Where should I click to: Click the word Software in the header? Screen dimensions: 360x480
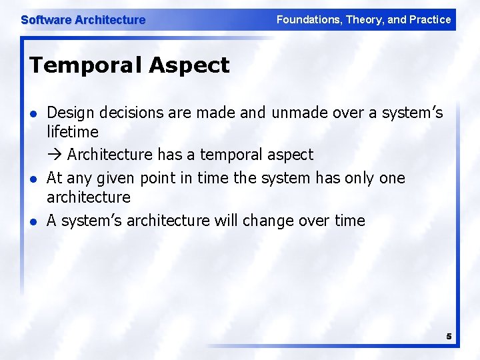click(46, 20)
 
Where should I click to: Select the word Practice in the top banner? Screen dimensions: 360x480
click(431, 20)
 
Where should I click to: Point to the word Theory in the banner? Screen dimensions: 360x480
click(363, 20)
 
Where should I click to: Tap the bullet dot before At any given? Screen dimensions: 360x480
click(34, 179)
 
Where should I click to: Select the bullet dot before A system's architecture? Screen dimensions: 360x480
click(34, 221)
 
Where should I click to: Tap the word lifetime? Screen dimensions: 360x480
click(73, 132)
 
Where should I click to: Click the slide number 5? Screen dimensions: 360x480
click(449, 337)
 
